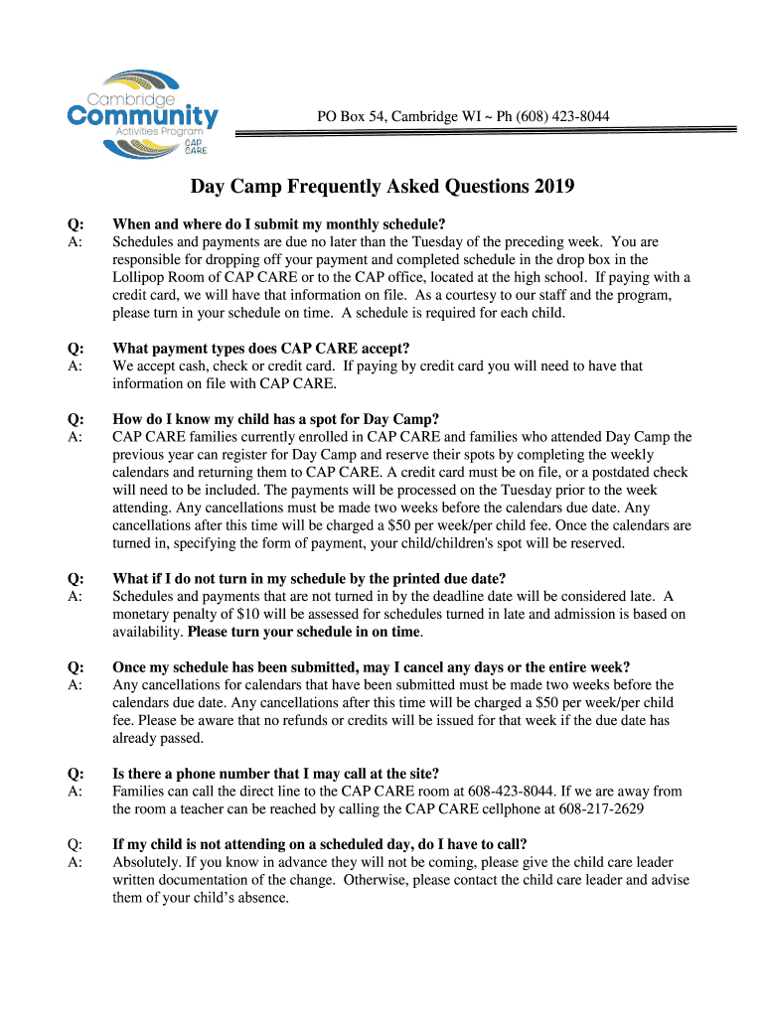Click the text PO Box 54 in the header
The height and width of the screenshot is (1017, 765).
[346, 117]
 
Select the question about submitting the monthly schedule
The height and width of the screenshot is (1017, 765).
[278, 223]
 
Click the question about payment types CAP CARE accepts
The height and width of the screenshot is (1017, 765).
[260, 348]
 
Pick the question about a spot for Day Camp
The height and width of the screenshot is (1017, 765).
[275, 418]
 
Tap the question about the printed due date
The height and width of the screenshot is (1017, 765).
[309, 579]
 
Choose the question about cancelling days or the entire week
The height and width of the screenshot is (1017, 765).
[371, 666]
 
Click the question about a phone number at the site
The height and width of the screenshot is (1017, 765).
[275, 774]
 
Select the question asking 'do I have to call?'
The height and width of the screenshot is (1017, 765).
[319, 844]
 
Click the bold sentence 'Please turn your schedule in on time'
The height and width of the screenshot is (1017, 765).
[304, 632]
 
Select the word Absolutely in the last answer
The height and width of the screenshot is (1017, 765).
[146, 862]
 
